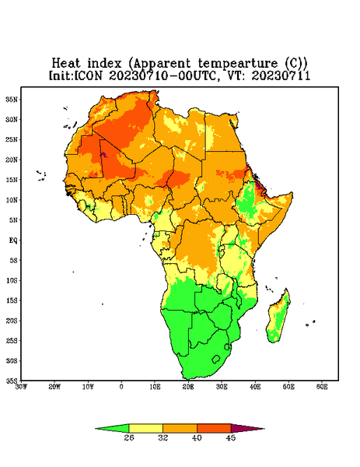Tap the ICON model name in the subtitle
tap(88, 75)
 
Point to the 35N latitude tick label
tap(12, 99)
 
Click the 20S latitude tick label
tap(12, 321)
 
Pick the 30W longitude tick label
tap(21, 387)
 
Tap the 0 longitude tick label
tap(121, 387)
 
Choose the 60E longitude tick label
tap(322, 387)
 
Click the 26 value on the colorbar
tap(129, 437)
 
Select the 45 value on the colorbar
tap(231, 437)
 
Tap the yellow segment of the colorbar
tap(145, 429)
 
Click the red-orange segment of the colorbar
tap(214, 429)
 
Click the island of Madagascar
tap(278, 318)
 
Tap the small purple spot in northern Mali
tap(103, 154)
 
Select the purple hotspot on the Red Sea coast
tap(258, 184)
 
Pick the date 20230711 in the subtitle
tap(281, 75)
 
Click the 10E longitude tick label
tap(155, 387)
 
